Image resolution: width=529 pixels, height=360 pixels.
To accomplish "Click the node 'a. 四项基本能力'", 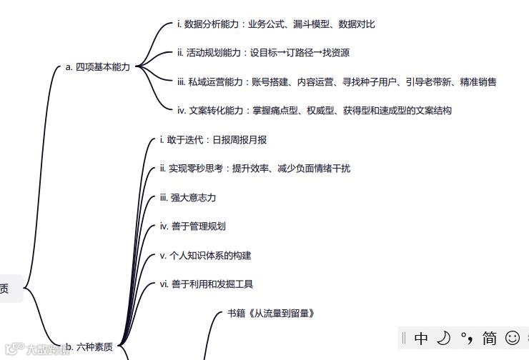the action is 98,67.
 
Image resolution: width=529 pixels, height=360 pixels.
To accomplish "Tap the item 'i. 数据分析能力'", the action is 210,24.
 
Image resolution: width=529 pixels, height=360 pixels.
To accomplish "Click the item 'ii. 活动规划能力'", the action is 210,53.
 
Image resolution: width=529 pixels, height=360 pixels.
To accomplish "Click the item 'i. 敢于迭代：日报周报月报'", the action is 213,140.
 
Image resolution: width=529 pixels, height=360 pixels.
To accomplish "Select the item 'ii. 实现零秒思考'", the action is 193,169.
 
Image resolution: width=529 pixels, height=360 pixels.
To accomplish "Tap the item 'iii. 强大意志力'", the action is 188,198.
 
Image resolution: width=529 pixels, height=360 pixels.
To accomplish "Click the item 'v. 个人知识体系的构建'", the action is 205,256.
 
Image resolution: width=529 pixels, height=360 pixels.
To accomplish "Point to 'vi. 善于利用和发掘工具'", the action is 207,284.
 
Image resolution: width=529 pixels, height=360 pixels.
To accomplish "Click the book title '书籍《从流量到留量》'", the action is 271,314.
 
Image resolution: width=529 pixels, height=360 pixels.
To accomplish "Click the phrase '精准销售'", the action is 478,82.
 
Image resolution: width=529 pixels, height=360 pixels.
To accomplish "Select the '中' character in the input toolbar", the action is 421,338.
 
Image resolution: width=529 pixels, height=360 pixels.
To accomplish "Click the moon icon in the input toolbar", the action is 444,338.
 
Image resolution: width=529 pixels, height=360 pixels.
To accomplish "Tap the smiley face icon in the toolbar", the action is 512,338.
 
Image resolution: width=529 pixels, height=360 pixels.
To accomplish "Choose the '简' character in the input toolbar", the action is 490,338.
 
